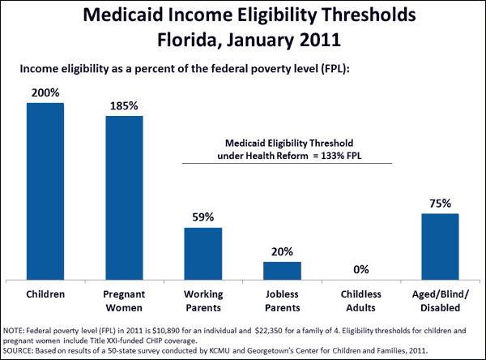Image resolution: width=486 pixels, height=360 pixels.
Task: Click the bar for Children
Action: click(x=45, y=191)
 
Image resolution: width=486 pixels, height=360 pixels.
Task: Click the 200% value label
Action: click(x=45, y=94)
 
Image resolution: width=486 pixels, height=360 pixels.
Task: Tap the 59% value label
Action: click(x=202, y=217)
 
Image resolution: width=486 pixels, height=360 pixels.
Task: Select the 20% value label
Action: click(x=282, y=251)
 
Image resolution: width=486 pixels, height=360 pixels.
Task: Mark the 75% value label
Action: click(x=440, y=204)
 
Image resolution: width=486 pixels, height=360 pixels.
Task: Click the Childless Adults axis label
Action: click(x=360, y=299)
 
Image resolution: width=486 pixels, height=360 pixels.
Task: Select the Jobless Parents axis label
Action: click(x=282, y=299)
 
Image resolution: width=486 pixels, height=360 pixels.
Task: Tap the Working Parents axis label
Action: click(x=202, y=299)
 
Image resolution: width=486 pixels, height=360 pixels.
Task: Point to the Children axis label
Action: click(x=45, y=293)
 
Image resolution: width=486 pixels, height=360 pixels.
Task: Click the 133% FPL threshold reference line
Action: click(x=288, y=163)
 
